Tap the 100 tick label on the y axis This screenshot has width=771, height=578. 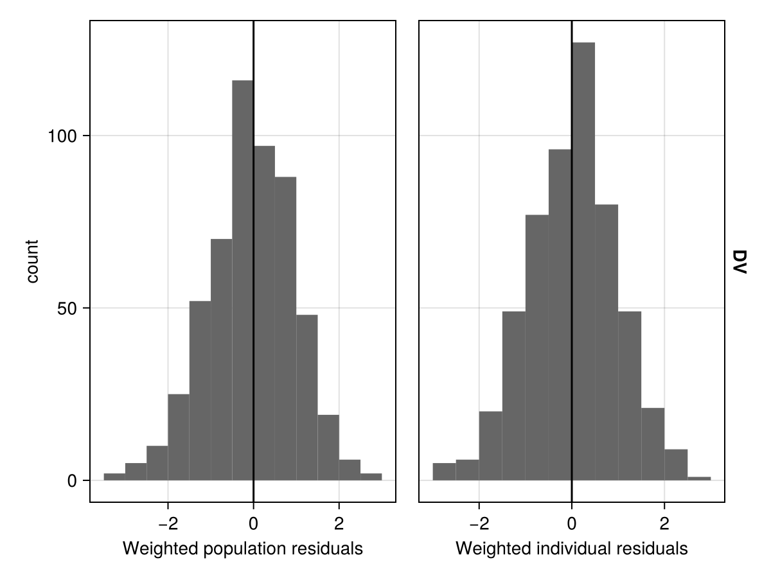pyautogui.click(x=63, y=136)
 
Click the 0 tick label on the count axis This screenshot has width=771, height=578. pyautogui.click(x=73, y=481)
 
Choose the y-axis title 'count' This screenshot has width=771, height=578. pyautogui.click(x=32, y=261)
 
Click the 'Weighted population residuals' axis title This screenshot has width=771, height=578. pyautogui.click(x=242, y=548)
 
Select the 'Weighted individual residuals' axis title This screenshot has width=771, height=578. pyautogui.click(x=571, y=548)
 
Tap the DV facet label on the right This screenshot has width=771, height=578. pyautogui.click(x=738, y=262)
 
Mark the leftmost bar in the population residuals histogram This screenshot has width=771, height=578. pyautogui.click(x=114, y=477)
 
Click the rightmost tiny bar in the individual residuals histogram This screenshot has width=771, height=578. pyautogui.click(x=699, y=478)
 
